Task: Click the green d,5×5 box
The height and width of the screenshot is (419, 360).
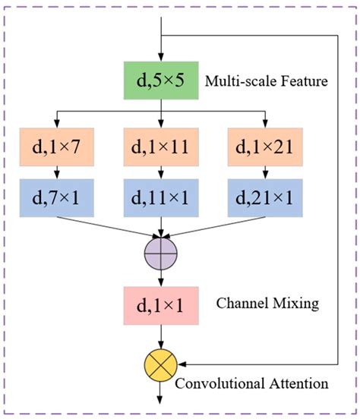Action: [161, 80]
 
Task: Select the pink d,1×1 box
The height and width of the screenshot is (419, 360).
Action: [161, 307]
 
